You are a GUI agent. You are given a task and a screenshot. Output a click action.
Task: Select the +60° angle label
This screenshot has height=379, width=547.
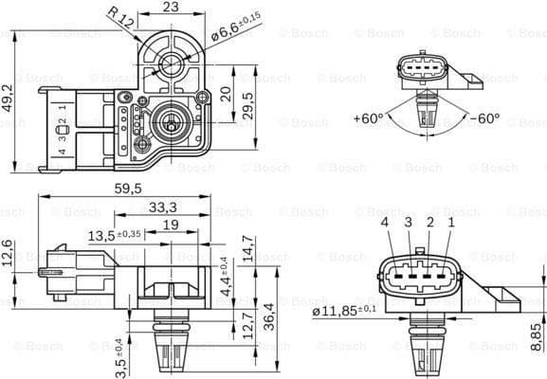(x=368, y=119)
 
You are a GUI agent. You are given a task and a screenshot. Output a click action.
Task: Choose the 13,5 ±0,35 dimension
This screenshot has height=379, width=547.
(x=115, y=234)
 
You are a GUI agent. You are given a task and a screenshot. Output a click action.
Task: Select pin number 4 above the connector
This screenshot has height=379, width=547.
(x=386, y=223)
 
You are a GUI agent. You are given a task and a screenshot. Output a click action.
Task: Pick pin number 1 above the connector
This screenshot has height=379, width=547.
(x=451, y=223)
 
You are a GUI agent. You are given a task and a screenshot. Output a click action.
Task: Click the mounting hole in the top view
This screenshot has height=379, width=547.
(x=172, y=64)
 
